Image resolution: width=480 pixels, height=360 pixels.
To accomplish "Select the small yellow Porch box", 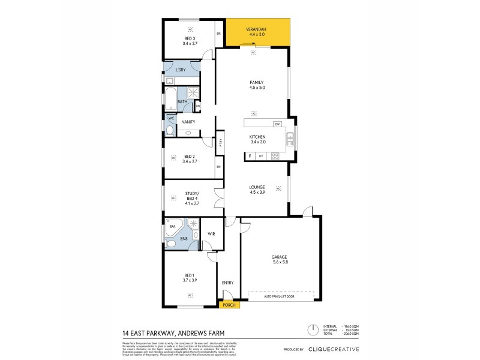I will click(228, 304).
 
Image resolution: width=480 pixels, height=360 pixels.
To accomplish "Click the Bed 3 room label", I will click(190, 40).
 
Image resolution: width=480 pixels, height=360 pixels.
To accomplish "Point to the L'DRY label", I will click(181, 70).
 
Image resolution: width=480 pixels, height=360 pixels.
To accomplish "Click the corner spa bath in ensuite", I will click(175, 229).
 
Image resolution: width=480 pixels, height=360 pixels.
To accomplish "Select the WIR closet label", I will click(211, 234).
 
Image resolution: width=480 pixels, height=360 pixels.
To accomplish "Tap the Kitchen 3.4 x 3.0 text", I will click(257, 140).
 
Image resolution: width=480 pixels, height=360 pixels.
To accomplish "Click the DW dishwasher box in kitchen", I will click(277, 124).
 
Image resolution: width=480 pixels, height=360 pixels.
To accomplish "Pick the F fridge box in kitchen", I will click(250, 156).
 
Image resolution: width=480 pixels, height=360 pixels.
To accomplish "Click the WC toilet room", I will click(170, 125).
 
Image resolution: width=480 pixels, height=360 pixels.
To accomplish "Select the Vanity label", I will click(188, 122).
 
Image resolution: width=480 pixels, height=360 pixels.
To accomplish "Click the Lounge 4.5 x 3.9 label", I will click(257, 190).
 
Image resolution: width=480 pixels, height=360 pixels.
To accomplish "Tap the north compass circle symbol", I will click(312, 329).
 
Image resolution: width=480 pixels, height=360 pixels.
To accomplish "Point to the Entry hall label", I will click(227, 283).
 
